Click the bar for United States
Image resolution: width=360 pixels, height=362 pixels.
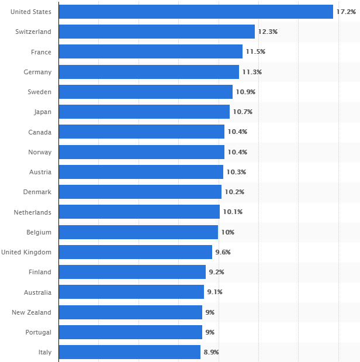196,12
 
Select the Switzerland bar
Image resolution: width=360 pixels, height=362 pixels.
157,32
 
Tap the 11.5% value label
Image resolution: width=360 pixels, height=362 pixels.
255,52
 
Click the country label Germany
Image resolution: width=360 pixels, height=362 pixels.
37,72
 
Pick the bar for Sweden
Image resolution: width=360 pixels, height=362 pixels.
146,92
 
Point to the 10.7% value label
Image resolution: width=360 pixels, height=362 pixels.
243,112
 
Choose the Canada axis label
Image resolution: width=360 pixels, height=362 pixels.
40,132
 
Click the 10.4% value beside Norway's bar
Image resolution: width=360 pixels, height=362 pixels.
237,152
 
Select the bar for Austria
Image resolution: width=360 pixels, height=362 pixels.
141,172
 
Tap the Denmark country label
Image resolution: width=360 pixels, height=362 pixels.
37,192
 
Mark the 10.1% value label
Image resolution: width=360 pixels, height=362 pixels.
233,212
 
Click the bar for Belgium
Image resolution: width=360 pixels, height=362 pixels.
139,232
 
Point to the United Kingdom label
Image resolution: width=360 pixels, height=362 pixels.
26,252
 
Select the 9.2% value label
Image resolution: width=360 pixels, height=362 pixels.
216,272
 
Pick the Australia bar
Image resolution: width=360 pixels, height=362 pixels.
131,292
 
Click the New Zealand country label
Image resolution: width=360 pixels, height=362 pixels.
32,312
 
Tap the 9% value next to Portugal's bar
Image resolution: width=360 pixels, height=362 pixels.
210,332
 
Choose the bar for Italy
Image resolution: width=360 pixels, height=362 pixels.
130,352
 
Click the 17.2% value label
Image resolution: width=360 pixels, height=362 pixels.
345,12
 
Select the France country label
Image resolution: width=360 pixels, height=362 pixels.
41,52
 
